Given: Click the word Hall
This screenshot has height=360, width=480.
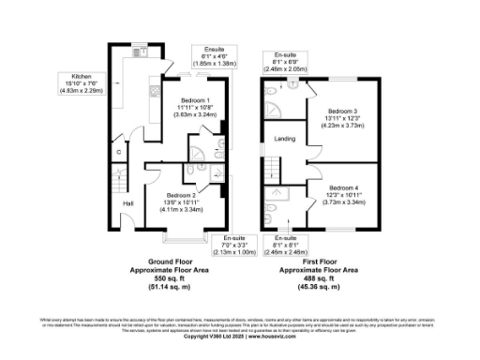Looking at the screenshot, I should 127,204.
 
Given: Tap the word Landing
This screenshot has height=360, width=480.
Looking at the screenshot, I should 284,139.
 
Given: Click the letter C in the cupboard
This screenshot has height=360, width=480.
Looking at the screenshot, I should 119,151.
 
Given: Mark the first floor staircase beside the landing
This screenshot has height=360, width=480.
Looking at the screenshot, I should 269,168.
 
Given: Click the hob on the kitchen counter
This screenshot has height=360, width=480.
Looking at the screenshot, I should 150,90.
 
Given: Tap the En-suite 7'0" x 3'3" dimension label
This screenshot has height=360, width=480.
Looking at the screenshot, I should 222,245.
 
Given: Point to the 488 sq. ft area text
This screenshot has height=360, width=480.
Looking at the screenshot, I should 311,278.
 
